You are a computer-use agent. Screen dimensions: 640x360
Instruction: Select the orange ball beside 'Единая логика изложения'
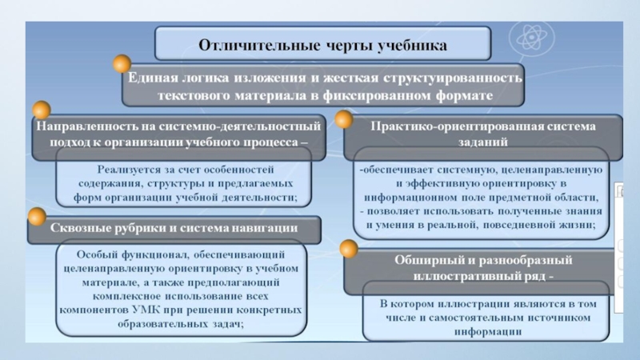pos(122,65)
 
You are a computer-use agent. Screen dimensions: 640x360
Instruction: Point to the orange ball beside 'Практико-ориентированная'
pos(344,120)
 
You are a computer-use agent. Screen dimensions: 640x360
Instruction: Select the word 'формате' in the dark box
pos(484,95)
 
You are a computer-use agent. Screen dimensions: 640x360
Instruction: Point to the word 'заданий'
pos(478,141)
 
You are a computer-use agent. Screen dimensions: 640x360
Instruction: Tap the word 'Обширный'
pos(427,261)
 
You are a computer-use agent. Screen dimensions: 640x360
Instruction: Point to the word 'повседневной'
pos(524,226)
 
